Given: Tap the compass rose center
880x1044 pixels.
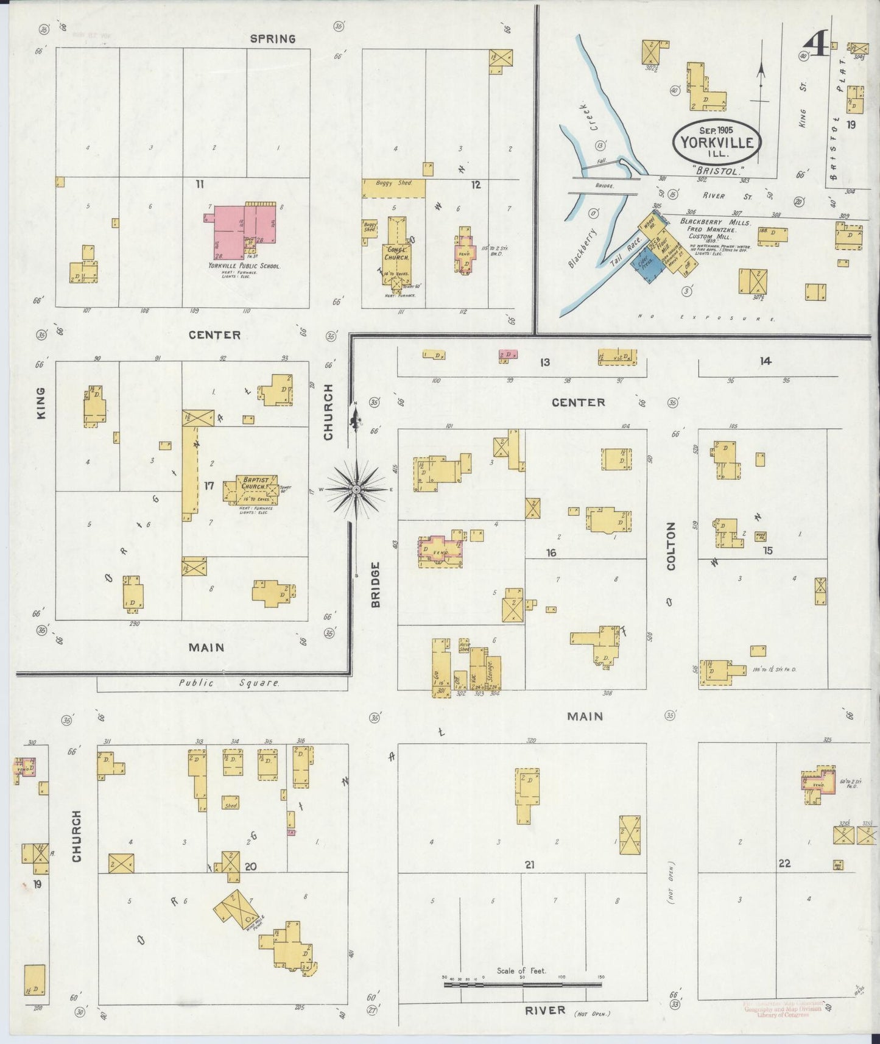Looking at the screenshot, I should [x=357, y=488].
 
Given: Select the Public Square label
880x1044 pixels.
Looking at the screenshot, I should [x=229, y=683].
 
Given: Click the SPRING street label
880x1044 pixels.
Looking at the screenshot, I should [x=273, y=39].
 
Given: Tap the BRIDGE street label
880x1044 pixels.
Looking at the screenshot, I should [x=375, y=584].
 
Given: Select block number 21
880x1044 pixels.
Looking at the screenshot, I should [x=529, y=864].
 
